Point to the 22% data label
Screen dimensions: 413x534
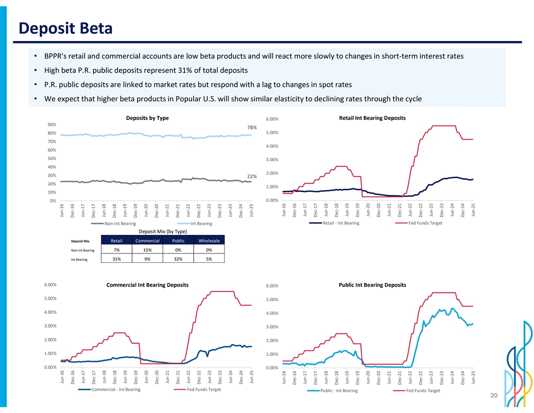point(252,176)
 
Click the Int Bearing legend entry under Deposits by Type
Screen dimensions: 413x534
point(201,224)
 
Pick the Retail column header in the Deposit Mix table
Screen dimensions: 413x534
point(117,240)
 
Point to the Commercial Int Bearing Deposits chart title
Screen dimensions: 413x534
point(148,285)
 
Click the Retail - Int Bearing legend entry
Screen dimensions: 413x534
point(341,223)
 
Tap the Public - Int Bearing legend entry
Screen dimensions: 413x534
point(338,391)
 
